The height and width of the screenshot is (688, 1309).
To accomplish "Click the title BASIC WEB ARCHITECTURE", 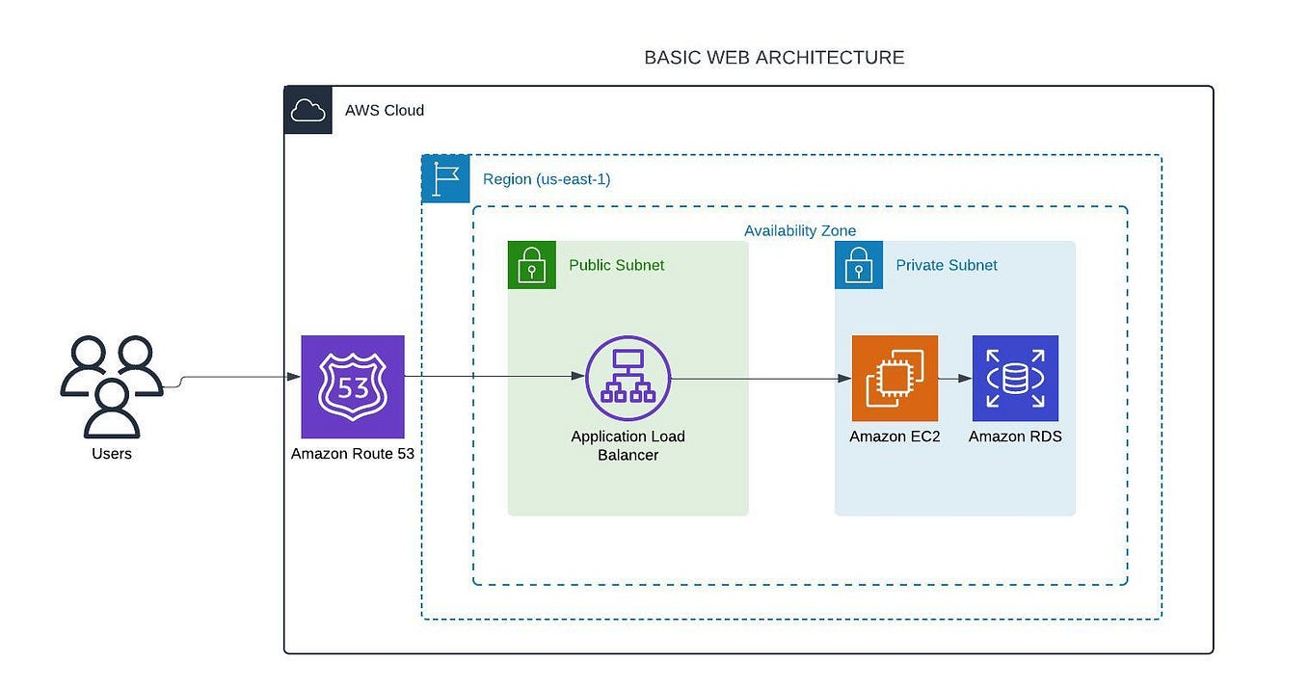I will [774, 58].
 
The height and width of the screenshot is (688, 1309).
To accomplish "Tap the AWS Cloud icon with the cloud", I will [308, 110].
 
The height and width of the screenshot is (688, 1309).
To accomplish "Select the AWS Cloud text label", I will [385, 110].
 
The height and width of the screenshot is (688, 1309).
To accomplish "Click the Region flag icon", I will [445, 178].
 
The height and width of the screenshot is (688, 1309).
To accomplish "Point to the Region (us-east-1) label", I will [547, 179].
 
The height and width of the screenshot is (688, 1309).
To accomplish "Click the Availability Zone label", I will [800, 231].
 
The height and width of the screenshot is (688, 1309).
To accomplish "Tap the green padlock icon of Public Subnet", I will [532, 265].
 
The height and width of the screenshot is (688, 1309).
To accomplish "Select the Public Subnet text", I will [616, 265].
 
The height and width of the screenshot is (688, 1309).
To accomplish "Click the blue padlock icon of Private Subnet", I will [859, 265].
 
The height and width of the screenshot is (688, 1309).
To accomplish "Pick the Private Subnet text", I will [947, 265].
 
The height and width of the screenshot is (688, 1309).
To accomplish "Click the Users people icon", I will [111, 385].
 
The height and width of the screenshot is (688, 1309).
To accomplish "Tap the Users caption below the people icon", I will [112, 453].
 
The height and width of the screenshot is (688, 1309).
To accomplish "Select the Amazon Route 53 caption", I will [353, 453].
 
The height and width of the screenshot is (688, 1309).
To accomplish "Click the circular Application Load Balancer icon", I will [628, 378].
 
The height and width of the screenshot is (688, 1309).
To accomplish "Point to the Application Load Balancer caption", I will [628, 445].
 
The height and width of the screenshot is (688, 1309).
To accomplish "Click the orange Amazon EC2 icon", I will [895, 378].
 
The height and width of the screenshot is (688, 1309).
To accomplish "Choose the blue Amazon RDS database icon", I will [1015, 378].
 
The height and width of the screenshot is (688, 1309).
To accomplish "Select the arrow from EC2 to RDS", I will [954, 379].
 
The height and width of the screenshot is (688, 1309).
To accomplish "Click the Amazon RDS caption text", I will [1015, 437].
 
